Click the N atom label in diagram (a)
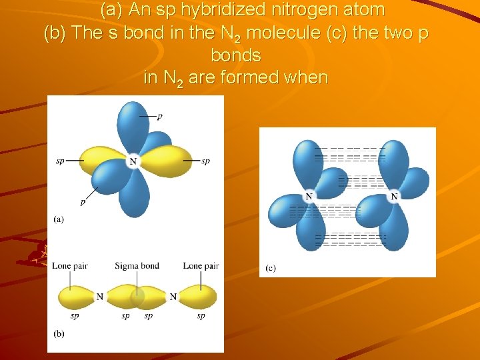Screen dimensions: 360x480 pos(133,161)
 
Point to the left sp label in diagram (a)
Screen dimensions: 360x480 pos(61,161)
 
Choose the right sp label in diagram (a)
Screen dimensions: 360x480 pos(205,161)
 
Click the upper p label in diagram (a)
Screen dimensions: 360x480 pos(159,116)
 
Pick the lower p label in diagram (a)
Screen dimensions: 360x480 pos(83,201)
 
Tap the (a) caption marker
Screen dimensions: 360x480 pos(58,219)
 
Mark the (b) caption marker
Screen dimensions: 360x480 pos(58,333)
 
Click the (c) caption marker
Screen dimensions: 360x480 pos(270,268)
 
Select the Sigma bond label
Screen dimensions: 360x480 pos(137,266)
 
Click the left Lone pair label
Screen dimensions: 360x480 pos(69,266)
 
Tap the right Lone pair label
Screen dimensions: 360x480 pos(201,266)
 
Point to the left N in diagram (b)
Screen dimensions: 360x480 pos(99,296)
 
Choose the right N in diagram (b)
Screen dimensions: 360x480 pos(173,296)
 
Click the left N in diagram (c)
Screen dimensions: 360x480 pos(309,197)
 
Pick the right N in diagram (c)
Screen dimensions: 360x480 pos(394,197)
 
